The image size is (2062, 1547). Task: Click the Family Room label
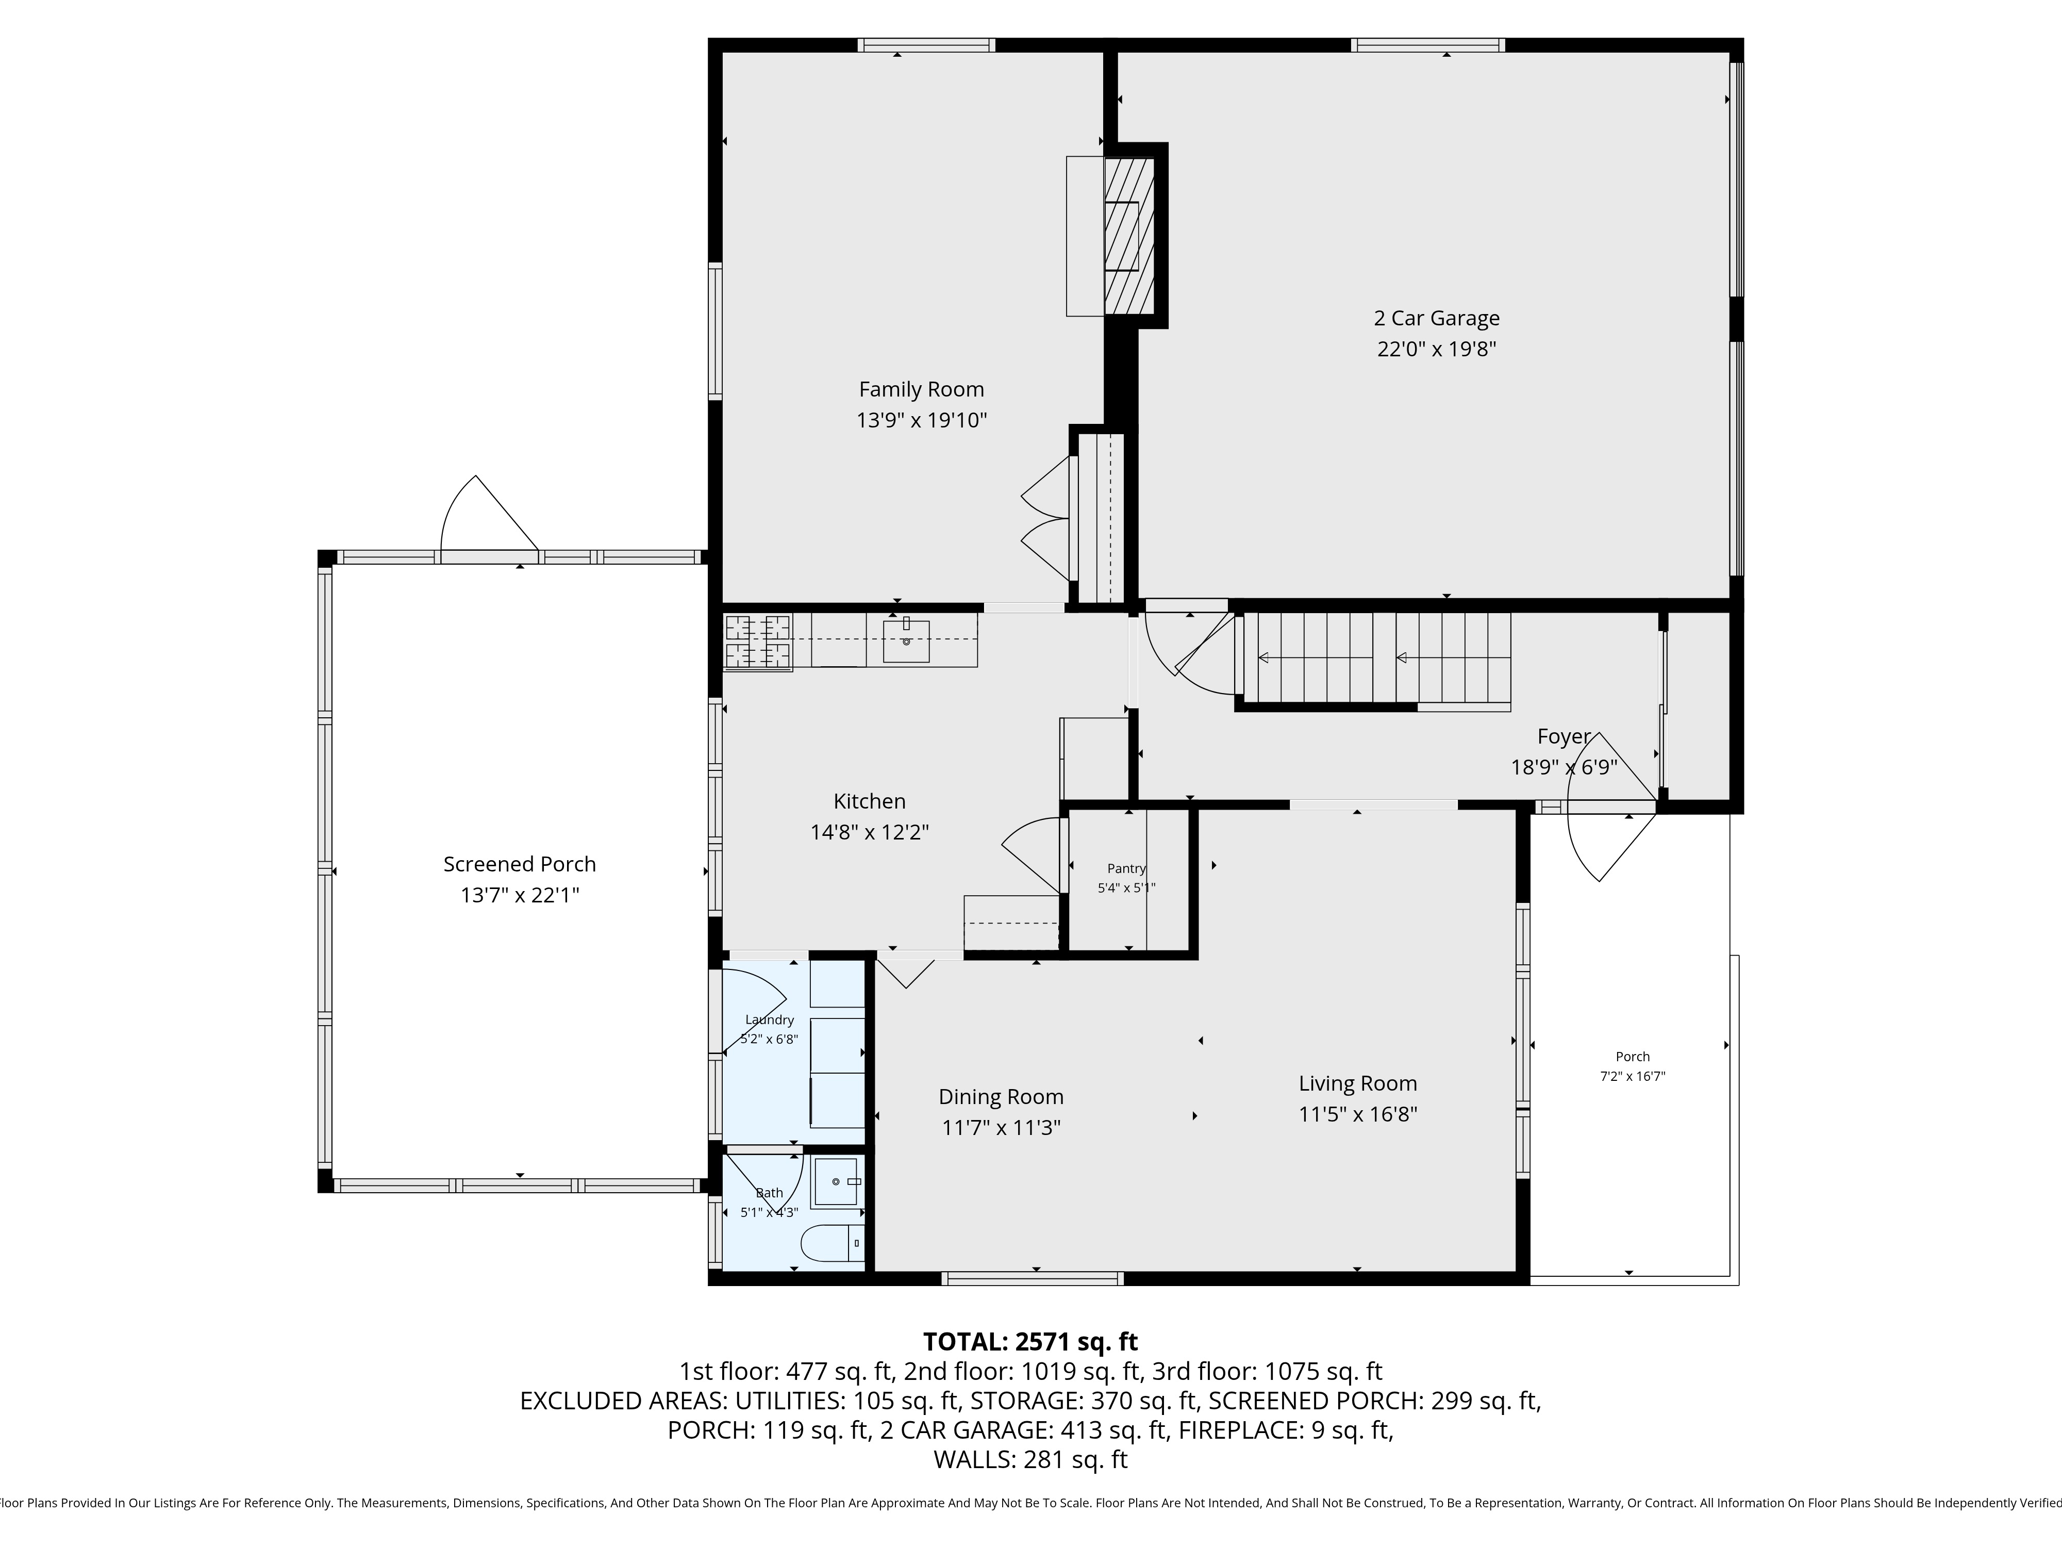[921, 390]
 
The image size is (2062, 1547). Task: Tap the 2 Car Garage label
[1437, 318]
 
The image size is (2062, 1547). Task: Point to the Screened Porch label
[519, 864]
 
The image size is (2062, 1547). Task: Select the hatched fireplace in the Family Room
[1129, 236]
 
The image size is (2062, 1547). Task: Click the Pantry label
[1126, 868]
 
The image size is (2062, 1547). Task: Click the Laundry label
[769, 1020]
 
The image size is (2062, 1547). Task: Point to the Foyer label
[1564, 737]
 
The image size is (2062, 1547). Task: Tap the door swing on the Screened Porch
[489, 513]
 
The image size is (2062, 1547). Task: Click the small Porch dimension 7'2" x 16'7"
[1632, 1076]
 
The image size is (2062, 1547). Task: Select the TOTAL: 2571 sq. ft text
[1030, 1342]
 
